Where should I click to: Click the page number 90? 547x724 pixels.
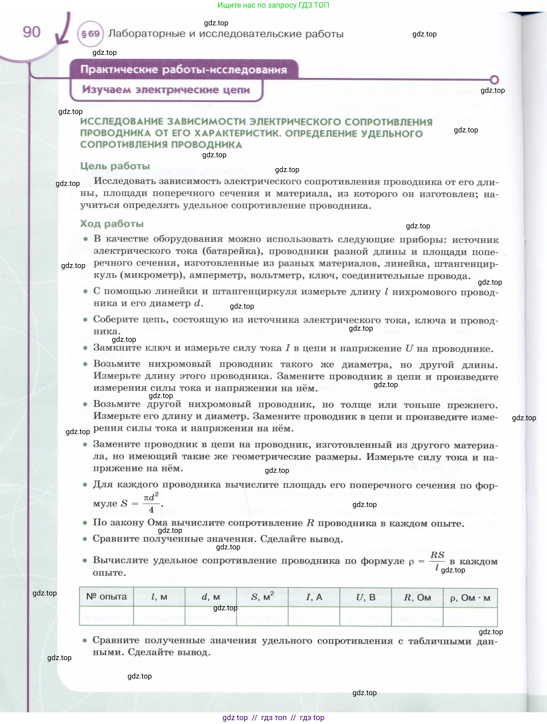tap(31, 32)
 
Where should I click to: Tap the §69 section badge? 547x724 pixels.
tap(90, 34)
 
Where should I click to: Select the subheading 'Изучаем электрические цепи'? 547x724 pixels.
tap(166, 89)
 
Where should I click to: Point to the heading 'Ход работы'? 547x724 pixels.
tap(112, 223)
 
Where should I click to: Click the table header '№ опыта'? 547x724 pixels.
tap(106, 596)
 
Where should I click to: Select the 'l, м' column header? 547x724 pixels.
tap(159, 597)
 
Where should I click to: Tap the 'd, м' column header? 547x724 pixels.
tap(210, 597)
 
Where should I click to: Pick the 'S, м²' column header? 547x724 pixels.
tap(262, 597)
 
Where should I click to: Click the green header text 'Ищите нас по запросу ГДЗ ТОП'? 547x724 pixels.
tap(273, 5)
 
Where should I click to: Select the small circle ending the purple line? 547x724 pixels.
tap(494, 80)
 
